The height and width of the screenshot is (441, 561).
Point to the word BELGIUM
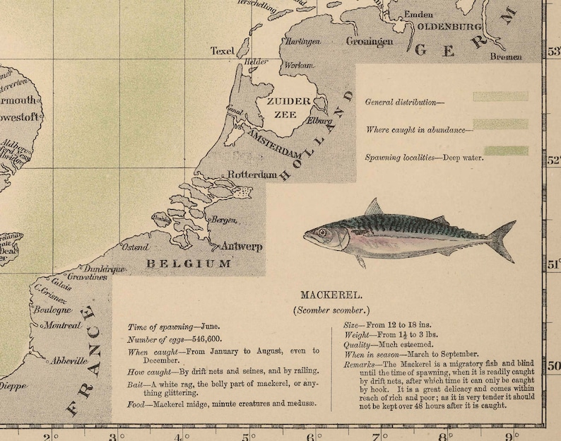(189, 264)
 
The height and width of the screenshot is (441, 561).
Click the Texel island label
(222, 51)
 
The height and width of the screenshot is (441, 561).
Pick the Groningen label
(370, 42)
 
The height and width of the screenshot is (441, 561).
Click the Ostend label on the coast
(136, 247)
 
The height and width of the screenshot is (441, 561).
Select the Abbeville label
(69, 360)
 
